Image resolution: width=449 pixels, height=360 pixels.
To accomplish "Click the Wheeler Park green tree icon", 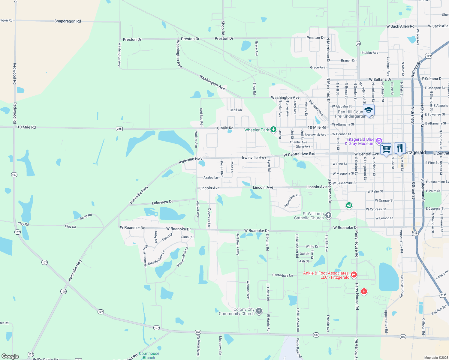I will (x=273, y=130).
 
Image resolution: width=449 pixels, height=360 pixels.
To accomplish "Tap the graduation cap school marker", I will (x=369, y=110).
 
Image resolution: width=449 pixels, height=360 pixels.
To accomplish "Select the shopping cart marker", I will (x=386, y=148).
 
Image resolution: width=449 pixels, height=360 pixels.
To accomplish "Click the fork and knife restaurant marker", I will (x=399, y=148).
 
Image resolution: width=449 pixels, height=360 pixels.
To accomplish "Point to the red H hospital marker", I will (x=364, y=291).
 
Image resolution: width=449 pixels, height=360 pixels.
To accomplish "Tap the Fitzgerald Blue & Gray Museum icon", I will (x=379, y=141).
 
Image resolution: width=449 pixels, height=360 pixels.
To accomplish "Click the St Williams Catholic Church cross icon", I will (x=328, y=215).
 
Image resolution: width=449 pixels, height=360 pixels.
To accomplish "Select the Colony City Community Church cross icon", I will (x=259, y=311).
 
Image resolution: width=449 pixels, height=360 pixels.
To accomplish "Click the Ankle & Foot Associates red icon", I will (x=354, y=274).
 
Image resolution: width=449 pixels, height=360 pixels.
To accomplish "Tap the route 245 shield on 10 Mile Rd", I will (x=119, y=129).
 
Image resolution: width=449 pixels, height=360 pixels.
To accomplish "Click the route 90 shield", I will (x=358, y=43).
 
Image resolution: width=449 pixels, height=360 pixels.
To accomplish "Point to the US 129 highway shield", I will (x=429, y=56).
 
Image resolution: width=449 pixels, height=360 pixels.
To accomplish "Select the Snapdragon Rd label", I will (x=68, y=21).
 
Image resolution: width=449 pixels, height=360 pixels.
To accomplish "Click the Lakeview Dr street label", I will (x=162, y=202).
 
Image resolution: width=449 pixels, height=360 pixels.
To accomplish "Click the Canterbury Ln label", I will (x=282, y=275).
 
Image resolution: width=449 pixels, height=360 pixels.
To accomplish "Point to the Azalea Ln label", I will (x=211, y=178).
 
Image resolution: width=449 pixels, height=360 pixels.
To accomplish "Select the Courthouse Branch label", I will (x=149, y=355).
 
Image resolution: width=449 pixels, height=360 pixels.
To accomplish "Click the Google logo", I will (x=10, y=356).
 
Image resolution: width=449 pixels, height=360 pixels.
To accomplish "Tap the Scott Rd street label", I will (x=86, y=216).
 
